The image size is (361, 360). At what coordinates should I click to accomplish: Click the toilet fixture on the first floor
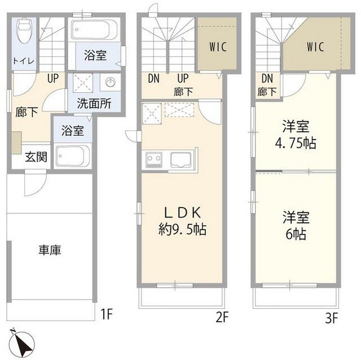pos(24,32)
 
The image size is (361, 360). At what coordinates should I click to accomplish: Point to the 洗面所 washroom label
pos(94,104)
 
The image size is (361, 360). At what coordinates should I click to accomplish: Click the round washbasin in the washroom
pos(110,82)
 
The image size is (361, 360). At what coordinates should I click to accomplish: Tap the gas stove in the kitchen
pos(154,160)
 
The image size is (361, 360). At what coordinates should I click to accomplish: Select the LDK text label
pos(182,213)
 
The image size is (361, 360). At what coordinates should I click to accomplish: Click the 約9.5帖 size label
pos(182,229)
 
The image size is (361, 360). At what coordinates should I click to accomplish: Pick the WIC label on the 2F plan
pos(217,47)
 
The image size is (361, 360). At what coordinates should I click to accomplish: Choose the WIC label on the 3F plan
pos(316,47)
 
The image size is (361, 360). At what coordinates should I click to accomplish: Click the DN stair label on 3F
pos(267,78)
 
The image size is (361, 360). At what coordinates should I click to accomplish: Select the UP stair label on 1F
pos(53,78)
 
